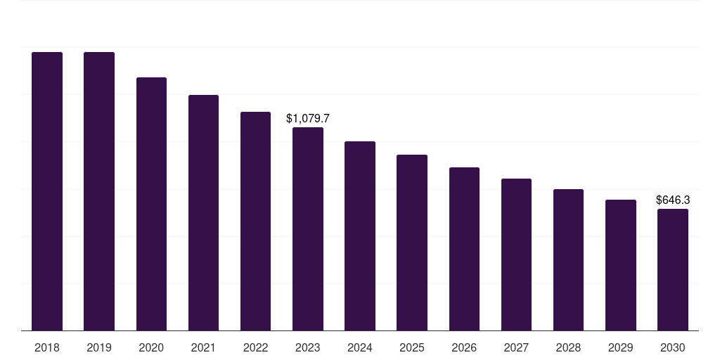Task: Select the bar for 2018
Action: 47,191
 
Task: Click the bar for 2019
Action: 99,191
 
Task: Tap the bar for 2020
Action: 151,204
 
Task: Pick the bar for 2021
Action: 203,212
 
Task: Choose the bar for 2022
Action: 255,221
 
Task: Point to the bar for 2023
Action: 308,229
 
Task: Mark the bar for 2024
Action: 360,236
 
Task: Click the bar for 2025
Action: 412,243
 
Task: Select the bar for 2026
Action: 464,249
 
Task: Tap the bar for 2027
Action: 516,255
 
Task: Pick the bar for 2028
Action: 568,259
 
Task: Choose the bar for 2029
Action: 621,265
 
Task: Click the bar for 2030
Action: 673,269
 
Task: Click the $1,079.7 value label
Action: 308,119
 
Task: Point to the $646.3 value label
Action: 673,200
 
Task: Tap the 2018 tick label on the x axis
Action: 47,347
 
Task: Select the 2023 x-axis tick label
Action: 308,347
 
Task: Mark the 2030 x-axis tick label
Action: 673,347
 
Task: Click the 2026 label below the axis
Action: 464,347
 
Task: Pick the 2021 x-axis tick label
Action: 203,347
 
